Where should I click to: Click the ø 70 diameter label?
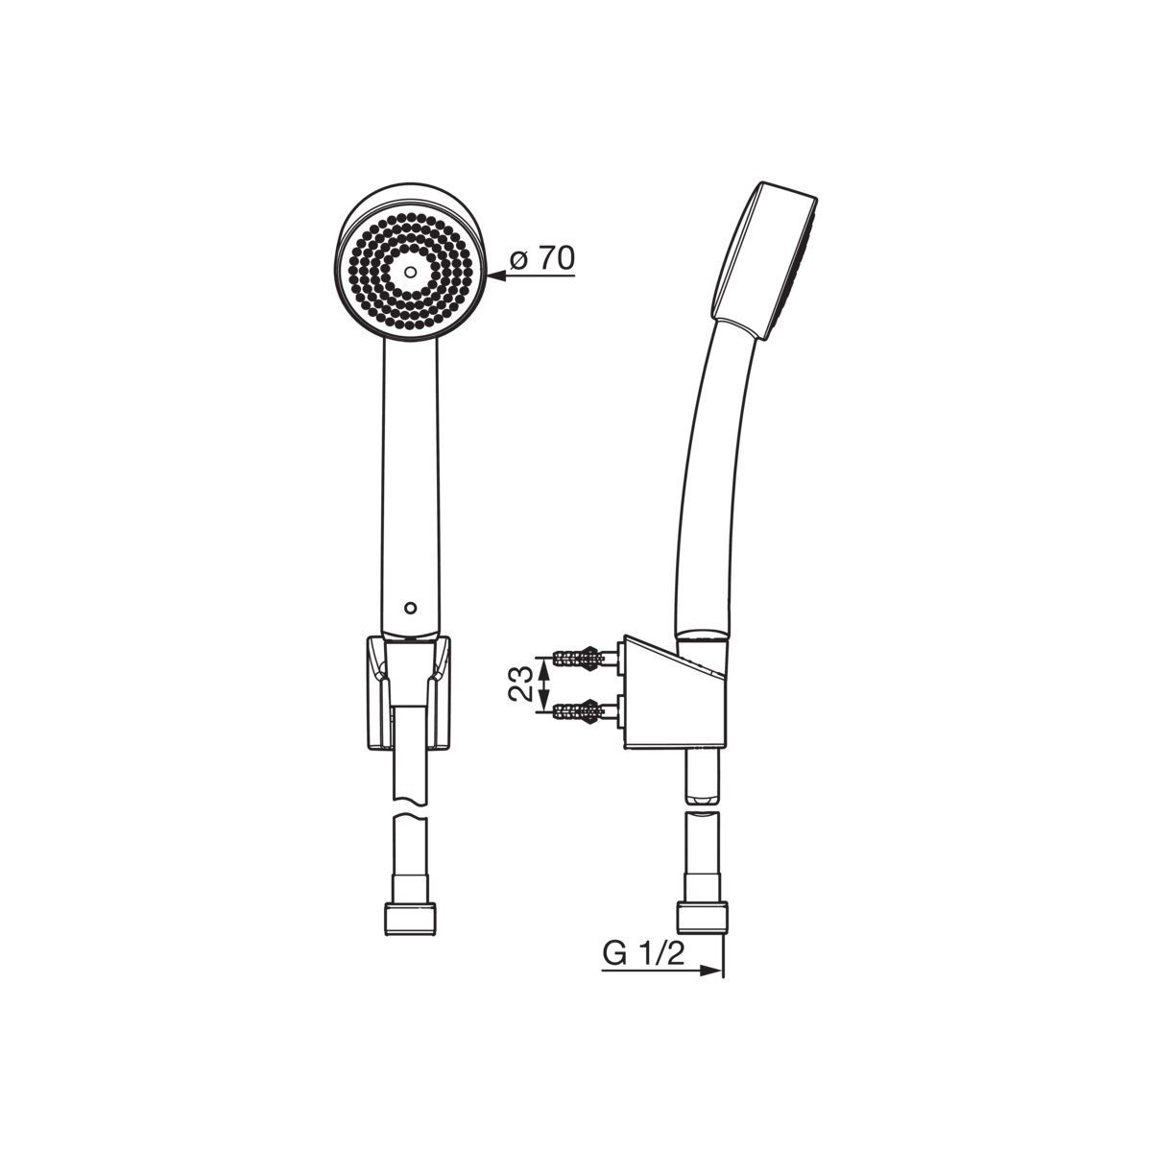(541, 259)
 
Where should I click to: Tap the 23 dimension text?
(520, 684)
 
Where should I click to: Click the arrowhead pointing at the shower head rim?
(496, 276)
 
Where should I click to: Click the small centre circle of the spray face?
(410, 272)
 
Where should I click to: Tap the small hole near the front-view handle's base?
(410, 608)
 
